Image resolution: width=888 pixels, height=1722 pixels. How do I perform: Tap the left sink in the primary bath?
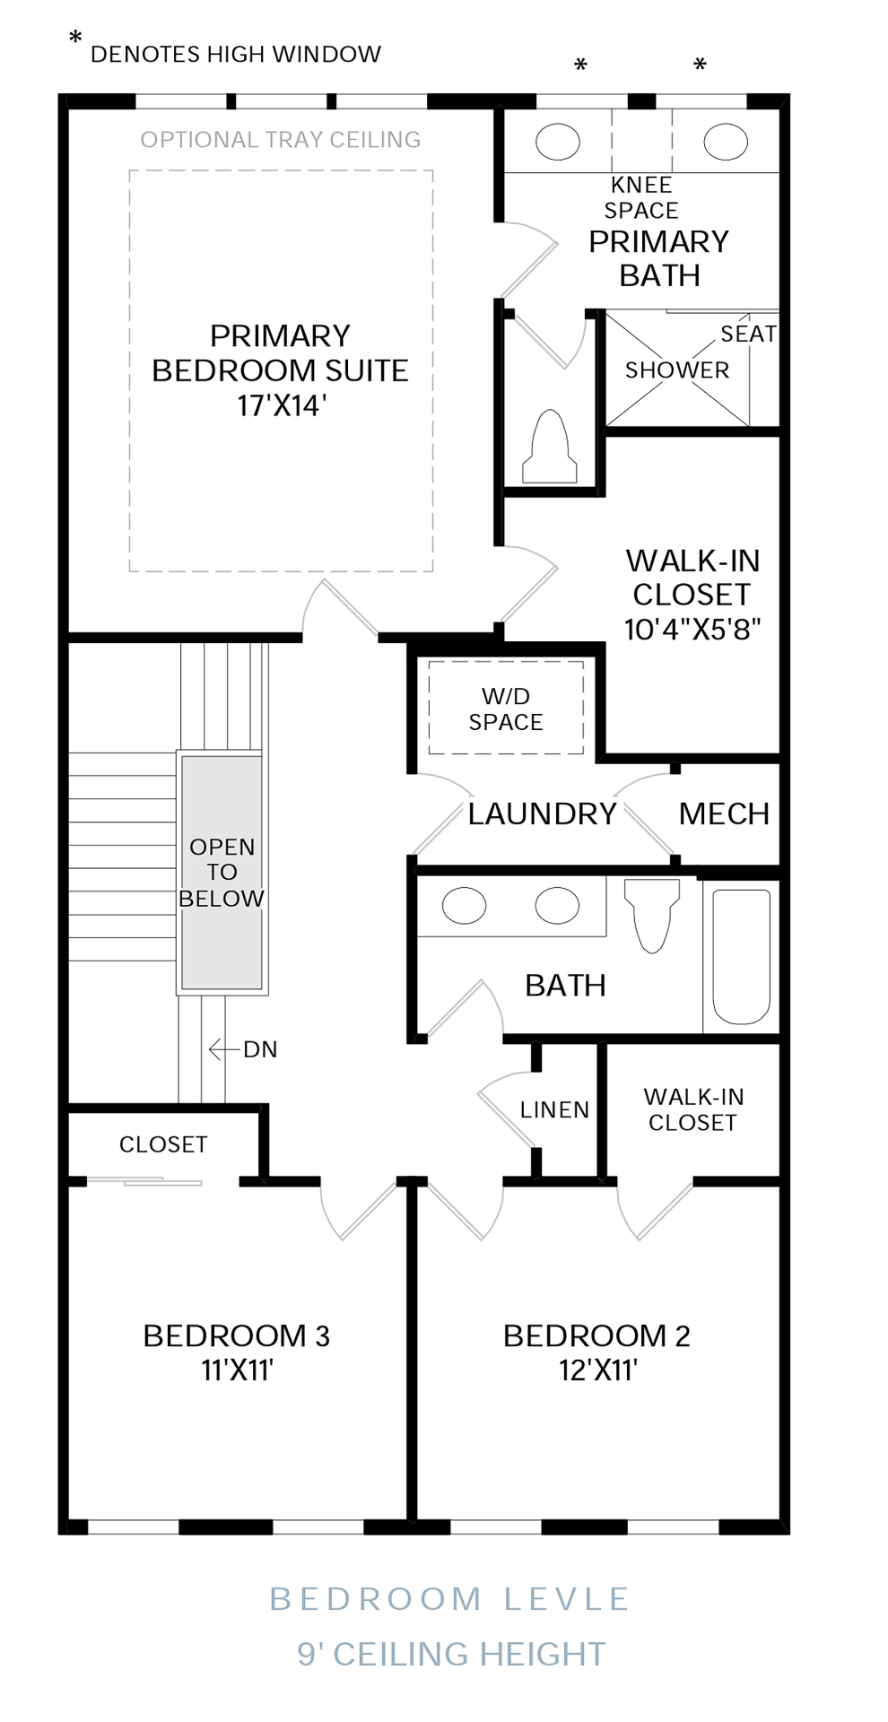558,142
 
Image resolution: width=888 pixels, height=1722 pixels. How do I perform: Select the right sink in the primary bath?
725,142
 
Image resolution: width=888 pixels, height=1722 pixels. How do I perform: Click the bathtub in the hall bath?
741,956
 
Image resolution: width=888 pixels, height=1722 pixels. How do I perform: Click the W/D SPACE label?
505,709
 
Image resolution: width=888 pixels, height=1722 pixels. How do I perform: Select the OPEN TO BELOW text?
222,873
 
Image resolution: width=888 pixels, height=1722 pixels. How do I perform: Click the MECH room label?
724,813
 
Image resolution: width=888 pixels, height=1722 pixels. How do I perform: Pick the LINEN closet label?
554,1110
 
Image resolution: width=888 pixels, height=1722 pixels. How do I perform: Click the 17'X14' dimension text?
281,405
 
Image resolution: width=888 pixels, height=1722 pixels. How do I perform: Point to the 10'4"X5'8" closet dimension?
692,629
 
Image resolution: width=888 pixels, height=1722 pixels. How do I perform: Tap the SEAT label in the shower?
748,335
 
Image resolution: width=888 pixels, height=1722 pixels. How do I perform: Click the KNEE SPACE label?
640,197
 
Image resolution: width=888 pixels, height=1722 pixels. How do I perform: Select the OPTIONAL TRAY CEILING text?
280,140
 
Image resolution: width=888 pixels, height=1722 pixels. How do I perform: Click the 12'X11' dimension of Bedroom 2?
597,1370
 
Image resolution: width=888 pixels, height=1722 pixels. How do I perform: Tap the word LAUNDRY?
542,813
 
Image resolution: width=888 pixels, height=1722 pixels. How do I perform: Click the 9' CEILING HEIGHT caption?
451,1654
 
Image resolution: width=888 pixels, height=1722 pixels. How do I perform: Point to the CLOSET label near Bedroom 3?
163,1144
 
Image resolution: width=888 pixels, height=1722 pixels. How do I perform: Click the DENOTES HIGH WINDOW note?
236,55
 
